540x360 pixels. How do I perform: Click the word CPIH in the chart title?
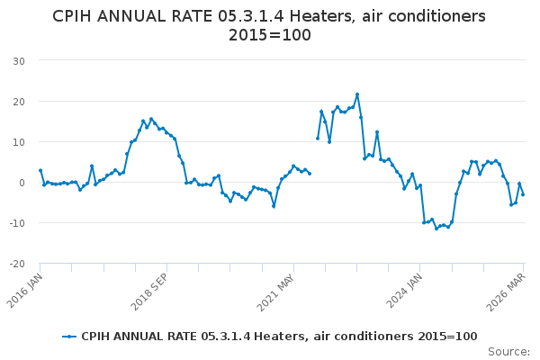click(x=76, y=16)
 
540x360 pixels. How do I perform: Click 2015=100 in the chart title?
click(x=270, y=36)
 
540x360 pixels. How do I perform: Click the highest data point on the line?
click(x=357, y=94)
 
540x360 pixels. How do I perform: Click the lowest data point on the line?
click(x=436, y=229)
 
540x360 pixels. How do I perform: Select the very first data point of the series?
click(x=40, y=170)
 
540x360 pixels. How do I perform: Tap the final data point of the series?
click(x=523, y=194)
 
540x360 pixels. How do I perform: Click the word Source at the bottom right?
click(x=508, y=351)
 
